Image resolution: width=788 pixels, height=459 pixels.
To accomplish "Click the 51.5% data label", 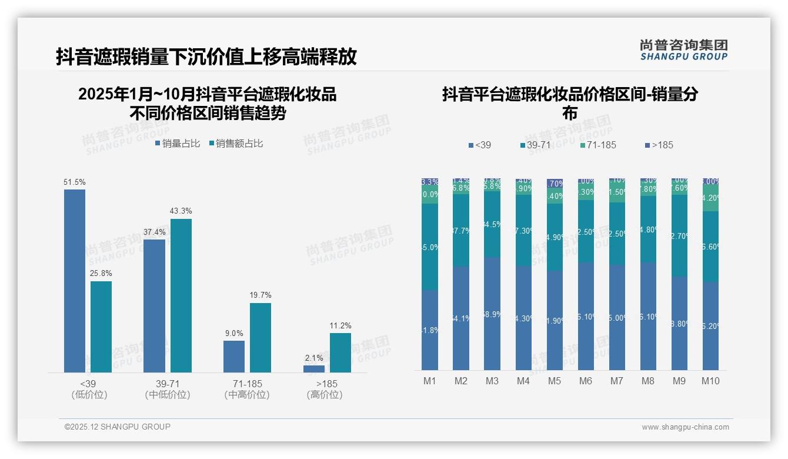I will (x=75, y=182).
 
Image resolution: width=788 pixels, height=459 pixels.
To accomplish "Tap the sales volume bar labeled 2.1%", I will (x=314, y=369).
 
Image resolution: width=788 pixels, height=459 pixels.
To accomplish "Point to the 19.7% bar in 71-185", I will (x=261, y=338).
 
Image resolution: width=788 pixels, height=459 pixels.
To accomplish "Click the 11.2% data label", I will (x=340, y=325).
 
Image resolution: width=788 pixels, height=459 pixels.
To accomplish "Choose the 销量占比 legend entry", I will (x=178, y=144).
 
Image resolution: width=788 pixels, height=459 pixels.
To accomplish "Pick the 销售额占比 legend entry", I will (x=236, y=144).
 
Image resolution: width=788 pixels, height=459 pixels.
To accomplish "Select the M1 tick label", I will (x=430, y=381).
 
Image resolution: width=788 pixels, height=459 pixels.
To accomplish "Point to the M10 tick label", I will (x=710, y=381).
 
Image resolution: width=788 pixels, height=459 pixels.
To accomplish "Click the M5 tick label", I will (x=555, y=381).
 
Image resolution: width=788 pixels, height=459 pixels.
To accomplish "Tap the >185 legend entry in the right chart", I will (x=659, y=145).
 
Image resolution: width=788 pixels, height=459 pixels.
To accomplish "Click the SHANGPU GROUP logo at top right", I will (x=683, y=50).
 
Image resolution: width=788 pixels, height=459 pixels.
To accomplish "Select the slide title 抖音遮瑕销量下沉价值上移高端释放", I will (x=206, y=56).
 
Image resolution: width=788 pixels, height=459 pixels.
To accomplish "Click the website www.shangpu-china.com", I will (x=685, y=427).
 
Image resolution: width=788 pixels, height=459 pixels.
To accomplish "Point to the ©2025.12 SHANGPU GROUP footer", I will (x=117, y=427).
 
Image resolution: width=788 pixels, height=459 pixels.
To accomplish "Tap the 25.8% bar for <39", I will (x=101, y=327).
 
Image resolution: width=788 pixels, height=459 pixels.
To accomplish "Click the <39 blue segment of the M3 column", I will (x=492, y=314).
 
